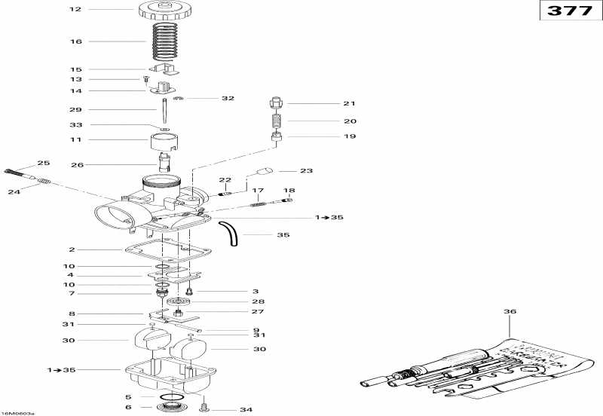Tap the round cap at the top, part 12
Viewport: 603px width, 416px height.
point(164,11)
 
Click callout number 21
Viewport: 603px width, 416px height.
point(328,103)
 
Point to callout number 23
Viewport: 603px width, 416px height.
point(306,170)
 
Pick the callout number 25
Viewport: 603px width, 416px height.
point(43,164)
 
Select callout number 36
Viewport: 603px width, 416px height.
point(510,311)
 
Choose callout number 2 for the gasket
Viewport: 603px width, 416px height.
point(72,249)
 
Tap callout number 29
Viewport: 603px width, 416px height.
point(75,109)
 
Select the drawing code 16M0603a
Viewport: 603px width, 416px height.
point(18,412)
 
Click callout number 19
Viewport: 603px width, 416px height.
point(328,137)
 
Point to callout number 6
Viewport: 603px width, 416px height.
point(128,407)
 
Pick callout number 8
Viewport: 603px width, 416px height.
point(72,314)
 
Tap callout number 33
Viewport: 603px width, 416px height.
point(75,125)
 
